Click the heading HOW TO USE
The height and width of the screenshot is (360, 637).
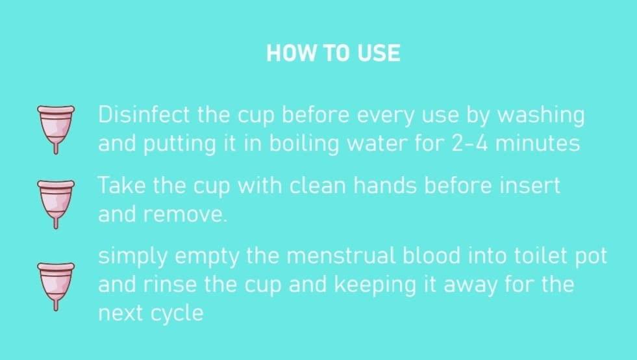tap(333, 53)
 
